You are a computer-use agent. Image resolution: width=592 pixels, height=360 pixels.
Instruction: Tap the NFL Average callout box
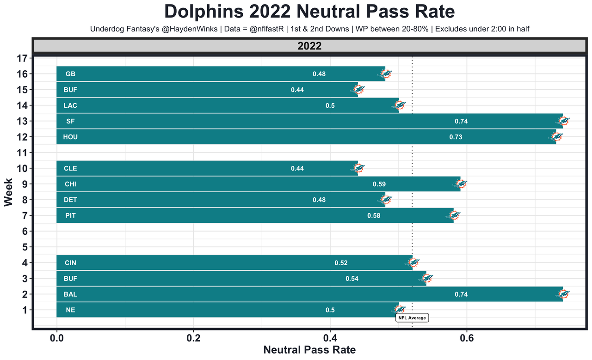[x=412, y=318]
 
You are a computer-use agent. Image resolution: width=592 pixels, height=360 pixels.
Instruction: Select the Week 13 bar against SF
[x=309, y=121]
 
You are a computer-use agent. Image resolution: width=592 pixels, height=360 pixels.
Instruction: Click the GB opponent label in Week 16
[x=70, y=74]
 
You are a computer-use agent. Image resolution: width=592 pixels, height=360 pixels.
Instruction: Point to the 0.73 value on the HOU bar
[x=456, y=137]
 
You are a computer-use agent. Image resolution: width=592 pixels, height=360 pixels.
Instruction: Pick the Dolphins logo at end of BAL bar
[x=564, y=294]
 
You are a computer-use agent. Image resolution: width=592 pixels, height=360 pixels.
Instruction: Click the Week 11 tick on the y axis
[x=23, y=153]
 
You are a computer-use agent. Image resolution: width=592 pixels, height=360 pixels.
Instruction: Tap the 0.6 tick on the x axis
[x=467, y=338]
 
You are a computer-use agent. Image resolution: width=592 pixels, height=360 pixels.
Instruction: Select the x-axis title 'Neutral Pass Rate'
[x=309, y=350]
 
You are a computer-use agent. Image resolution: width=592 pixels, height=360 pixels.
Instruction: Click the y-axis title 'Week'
[x=8, y=194]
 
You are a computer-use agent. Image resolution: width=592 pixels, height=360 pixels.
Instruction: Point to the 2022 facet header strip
[x=309, y=46]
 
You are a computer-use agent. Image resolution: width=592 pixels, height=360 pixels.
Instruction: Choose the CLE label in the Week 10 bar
[x=70, y=169]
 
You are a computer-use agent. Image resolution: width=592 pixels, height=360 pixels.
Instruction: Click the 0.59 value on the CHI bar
[x=379, y=184]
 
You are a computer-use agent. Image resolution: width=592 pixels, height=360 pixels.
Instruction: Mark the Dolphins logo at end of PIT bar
[x=455, y=215]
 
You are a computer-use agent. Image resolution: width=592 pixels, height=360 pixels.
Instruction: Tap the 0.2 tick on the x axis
[x=193, y=338]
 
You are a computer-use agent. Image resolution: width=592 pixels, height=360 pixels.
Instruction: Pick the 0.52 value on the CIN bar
[x=341, y=263]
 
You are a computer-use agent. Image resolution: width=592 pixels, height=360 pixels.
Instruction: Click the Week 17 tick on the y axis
[x=23, y=58]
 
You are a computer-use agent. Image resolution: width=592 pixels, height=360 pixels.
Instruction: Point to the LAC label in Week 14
[x=70, y=105]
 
